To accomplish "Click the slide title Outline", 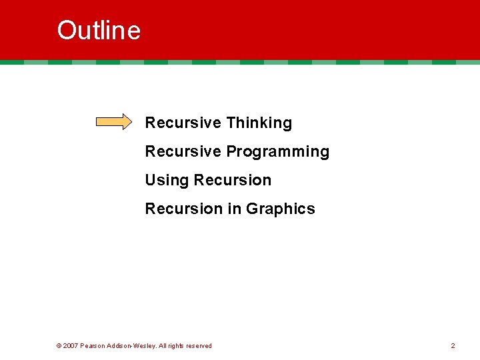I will [x=99, y=31].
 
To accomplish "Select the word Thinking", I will [x=259, y=123].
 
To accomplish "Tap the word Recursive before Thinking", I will [x=183, y=123].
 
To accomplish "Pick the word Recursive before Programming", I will [x=183, y=151].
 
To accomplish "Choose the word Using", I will [x=167, y=181].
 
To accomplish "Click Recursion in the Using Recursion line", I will [x=232, y=180].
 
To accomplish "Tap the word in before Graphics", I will [x=234, y=209].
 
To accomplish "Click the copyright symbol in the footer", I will [x=59, y=346].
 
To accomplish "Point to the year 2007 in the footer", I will [x=70, y=346].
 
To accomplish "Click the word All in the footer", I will [x=163, y=346].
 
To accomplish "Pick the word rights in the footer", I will [x=178, y=346].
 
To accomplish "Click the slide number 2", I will [x=453, y=346].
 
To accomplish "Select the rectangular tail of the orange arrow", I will [x=109, y=122].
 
